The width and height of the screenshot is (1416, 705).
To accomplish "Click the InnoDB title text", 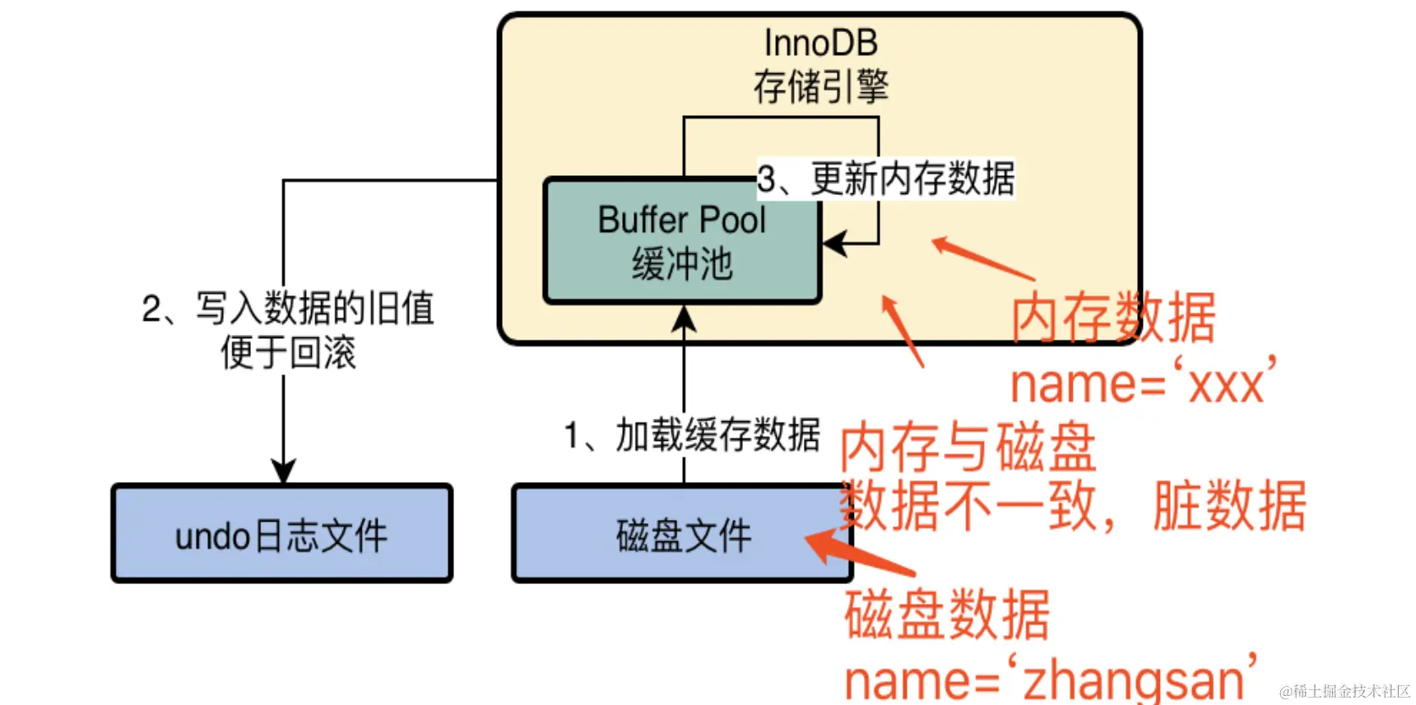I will coord(820,43).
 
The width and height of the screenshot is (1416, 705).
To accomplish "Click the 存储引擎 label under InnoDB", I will coord(820,86).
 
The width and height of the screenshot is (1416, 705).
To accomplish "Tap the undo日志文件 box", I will coord(281,536).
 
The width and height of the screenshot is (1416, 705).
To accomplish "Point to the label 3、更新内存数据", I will coord(885,179).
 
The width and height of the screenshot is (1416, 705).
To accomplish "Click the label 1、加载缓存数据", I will coord(691,435).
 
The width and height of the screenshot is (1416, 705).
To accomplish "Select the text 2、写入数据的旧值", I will coord(287,308).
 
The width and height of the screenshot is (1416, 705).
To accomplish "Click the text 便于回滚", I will coord(287,353).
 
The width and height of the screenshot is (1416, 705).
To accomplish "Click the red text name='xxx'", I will coord(1142,383).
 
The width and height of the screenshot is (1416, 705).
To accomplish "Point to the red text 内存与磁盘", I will coord(968,447).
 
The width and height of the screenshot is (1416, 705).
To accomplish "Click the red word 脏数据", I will coord(1229,505).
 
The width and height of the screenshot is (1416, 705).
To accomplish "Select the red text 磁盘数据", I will coord(946,615).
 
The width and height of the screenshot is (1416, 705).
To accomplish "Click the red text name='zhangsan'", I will coord(1050,679).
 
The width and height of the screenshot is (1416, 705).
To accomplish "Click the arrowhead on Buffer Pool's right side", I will coord(833,244).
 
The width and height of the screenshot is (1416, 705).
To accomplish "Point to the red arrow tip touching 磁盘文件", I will coord(810,540).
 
